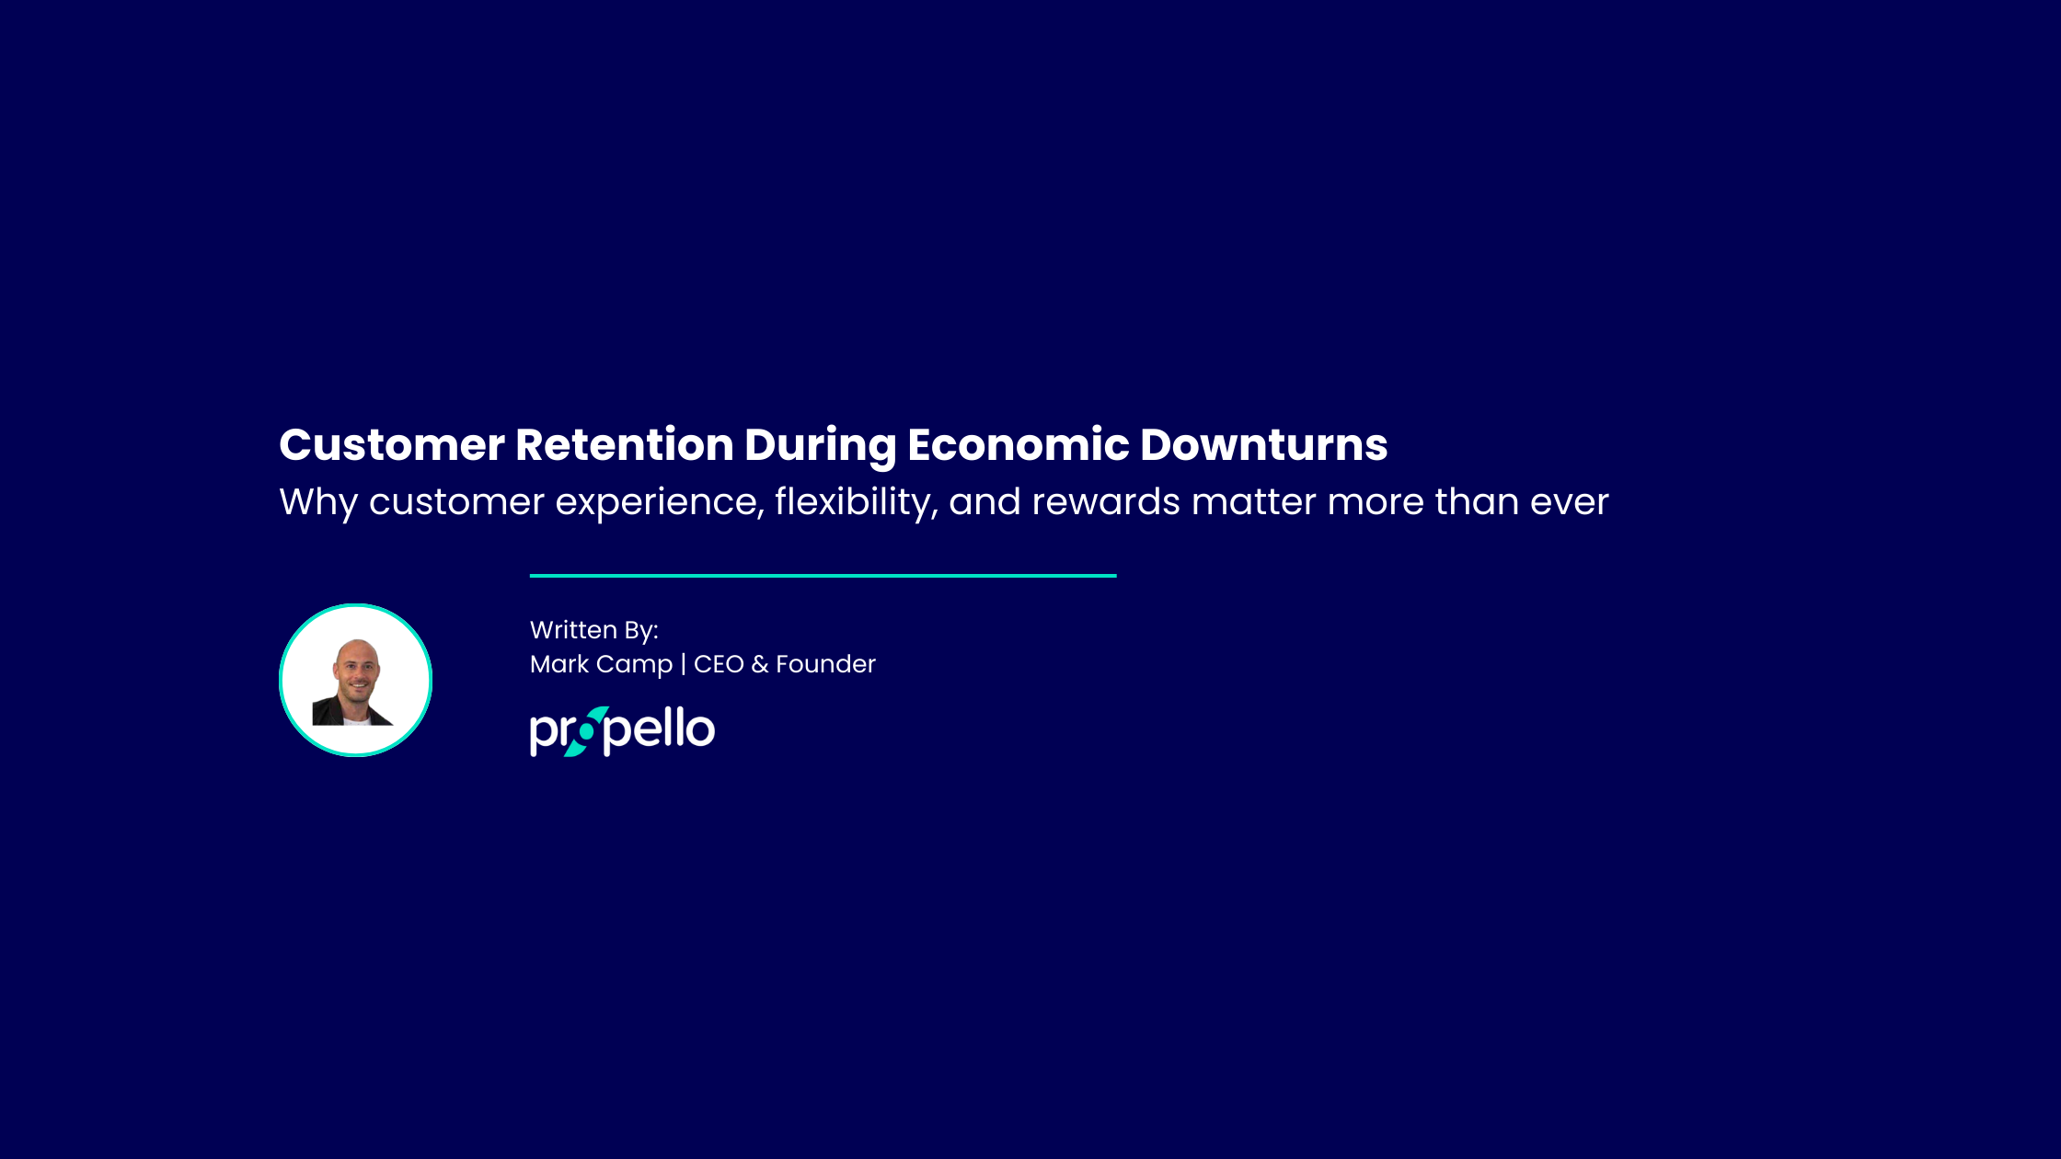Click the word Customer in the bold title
[x=392, y=445]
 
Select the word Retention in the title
[x=625, y=445]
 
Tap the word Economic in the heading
[x=1019, y=445]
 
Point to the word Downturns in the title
[x=1264, y=445]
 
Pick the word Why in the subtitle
[x=318, y=503]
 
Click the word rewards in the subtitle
[x=1106, y=502]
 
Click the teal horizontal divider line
[x=823, y=576]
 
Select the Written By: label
[x=594, y=630]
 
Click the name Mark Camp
[x=602, y=665]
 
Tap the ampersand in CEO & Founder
[x=759, y=664]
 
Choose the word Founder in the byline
[x=825, y=664]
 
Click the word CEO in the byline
[x=719, y=664]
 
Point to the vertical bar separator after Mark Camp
[x=683, y=664]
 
